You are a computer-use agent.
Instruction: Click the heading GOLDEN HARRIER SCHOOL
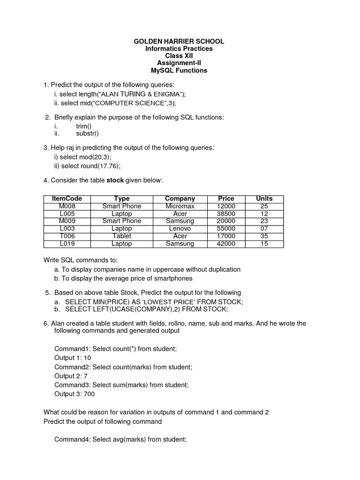click(x=179, y=41)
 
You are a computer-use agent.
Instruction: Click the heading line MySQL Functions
click(x=179, y=71)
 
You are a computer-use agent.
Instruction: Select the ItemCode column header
click(x=67, y=199)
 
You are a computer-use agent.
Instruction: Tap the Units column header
click(x=264, y=199)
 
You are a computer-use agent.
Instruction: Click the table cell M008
click(x=67, y=206)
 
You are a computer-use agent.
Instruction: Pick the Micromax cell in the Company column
click(x=180, y=206)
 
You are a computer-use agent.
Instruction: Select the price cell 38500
click(x=226, y=214)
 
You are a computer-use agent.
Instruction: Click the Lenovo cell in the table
click(x=180, y=229)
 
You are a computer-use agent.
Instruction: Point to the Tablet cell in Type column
click(x=122, y=236)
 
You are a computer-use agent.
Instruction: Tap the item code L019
click(x=67, y=244)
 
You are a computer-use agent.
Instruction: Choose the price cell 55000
click(x=226, y=229)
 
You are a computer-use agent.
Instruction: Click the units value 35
click(x=264, y=236)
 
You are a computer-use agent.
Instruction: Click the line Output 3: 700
click(x=75, y=394)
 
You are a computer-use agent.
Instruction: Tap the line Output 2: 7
click(x=71, y=376)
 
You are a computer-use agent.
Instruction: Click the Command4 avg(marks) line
click(x=120, y=439)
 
